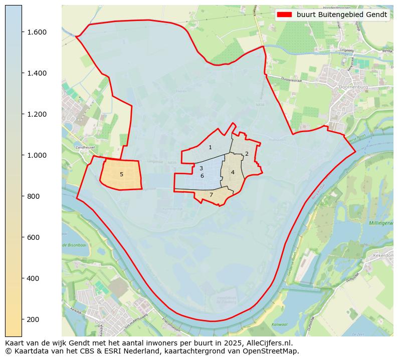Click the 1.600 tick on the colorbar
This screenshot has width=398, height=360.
[36, 32]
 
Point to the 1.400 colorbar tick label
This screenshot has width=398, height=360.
[36, 73]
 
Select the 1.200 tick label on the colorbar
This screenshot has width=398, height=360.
[36, 114]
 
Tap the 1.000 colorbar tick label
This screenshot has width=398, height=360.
[36, 155]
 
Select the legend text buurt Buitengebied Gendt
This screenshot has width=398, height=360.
[342, 15]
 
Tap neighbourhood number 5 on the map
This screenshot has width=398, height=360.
[121, 174]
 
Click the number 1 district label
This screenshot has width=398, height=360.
[210, 147]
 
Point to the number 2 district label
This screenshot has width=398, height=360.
[247, 154]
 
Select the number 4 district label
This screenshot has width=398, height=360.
[233, 172]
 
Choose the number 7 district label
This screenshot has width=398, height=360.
[211, 195]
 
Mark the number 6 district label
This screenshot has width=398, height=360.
[202, 176]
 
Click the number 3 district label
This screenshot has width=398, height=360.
[201, 169]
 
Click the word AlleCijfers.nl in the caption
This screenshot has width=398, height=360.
[270, 343]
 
